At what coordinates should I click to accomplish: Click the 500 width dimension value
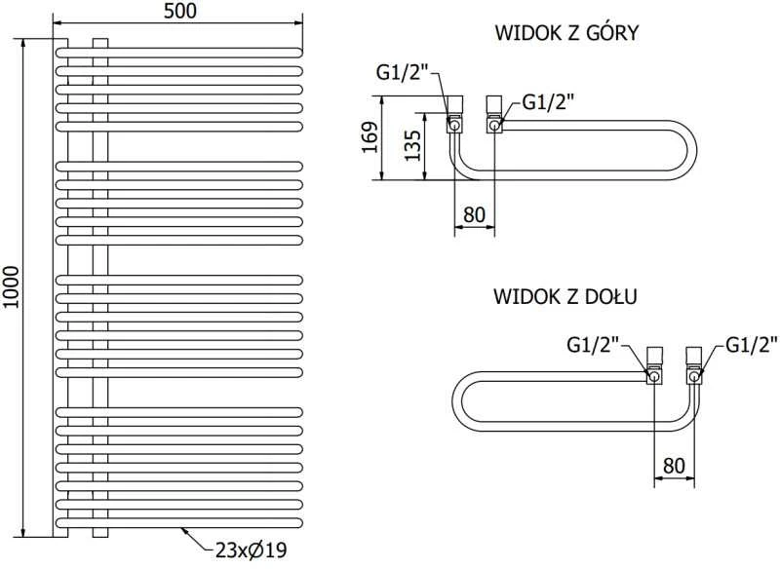click(x=180, y=11)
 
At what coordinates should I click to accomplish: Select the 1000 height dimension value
click(x=11, y=287)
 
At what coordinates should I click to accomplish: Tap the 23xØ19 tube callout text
click(x=252, y=550)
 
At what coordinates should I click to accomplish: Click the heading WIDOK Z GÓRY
click(x=566, y=33)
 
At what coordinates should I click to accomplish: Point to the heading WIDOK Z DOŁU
click(x=565, y=296)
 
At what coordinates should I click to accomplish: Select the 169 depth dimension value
click(x=370, y=137)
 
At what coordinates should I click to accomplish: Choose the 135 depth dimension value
click(x=412, y=145)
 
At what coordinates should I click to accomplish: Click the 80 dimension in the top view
click(x=474, y=214)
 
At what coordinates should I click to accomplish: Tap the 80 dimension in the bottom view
click(x=674, y=466)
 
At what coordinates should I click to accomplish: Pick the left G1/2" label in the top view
click(x=402, y=73)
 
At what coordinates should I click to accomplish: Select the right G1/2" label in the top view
click(x=548, y=102)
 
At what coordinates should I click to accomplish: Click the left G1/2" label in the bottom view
click(x=593, y=344)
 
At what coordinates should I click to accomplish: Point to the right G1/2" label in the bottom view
click(x=751, y=344)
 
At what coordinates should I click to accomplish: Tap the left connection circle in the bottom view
click(x=654, y=376)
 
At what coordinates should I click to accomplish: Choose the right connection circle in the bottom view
click(x=694, y=376)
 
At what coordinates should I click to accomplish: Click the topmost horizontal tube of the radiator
click(x=179, y=53)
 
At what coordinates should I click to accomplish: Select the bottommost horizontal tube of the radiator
click(x=179, y=523)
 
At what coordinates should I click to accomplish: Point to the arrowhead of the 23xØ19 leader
click(x=183, y=530)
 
